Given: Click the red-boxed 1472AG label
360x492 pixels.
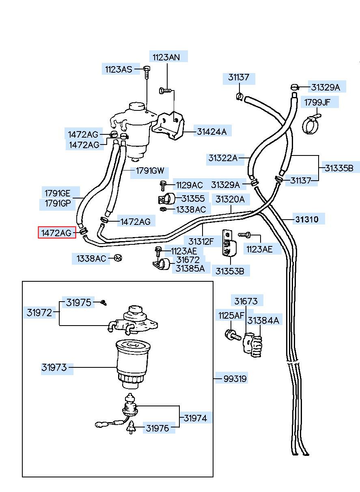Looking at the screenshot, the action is coord(57,232).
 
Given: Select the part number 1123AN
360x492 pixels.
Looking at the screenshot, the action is coord(166,57).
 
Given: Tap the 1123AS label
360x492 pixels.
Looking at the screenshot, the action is coord(119,69).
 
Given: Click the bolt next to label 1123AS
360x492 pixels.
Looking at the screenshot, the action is coord(147,72).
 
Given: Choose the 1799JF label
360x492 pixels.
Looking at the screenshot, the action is coord(317,102).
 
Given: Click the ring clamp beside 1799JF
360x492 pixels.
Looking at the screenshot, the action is coord(311,124).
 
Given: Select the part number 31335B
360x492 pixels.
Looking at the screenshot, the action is coord(339,168).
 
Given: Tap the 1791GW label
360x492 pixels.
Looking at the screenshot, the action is coord(150,170).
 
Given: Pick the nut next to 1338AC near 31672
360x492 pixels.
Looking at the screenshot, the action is coord(118,258).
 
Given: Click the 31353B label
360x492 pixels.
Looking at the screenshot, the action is coord(230,271).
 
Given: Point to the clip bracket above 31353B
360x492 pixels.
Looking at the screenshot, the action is coord(229,243).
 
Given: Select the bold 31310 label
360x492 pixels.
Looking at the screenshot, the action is coord(306,219).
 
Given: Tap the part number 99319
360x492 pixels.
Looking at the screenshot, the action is coord(235,379).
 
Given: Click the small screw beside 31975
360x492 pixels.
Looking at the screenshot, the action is coord(103,303).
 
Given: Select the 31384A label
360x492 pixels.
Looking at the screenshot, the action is coord(263,321).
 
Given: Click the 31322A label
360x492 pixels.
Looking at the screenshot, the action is coord(223,158).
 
